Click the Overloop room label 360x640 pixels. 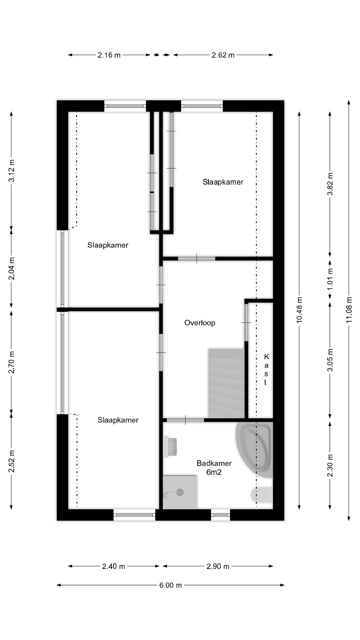click(x=200, y=323)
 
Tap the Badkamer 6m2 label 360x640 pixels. click(x=214, y=467)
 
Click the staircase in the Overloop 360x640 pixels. click(x=227, y=383)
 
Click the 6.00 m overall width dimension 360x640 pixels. click(x=171, y=585)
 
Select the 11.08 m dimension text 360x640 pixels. click(x=349, y=310)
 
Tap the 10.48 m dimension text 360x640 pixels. click(x=299, y=310)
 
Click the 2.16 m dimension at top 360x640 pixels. click(x=109, y=55)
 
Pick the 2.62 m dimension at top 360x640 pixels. click(x=223, y=55)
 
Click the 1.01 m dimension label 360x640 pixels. click(x=330, y=279)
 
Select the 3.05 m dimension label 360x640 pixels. click(x=330, y=360)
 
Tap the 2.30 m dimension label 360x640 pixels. click(x=330, y=466)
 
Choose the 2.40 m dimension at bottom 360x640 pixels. click(x=114, y=566)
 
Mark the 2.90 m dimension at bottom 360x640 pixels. click(x=218, y=566)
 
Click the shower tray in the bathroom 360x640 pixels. click(x=180, y=492)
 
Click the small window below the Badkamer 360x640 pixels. click(x=220, y=515)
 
